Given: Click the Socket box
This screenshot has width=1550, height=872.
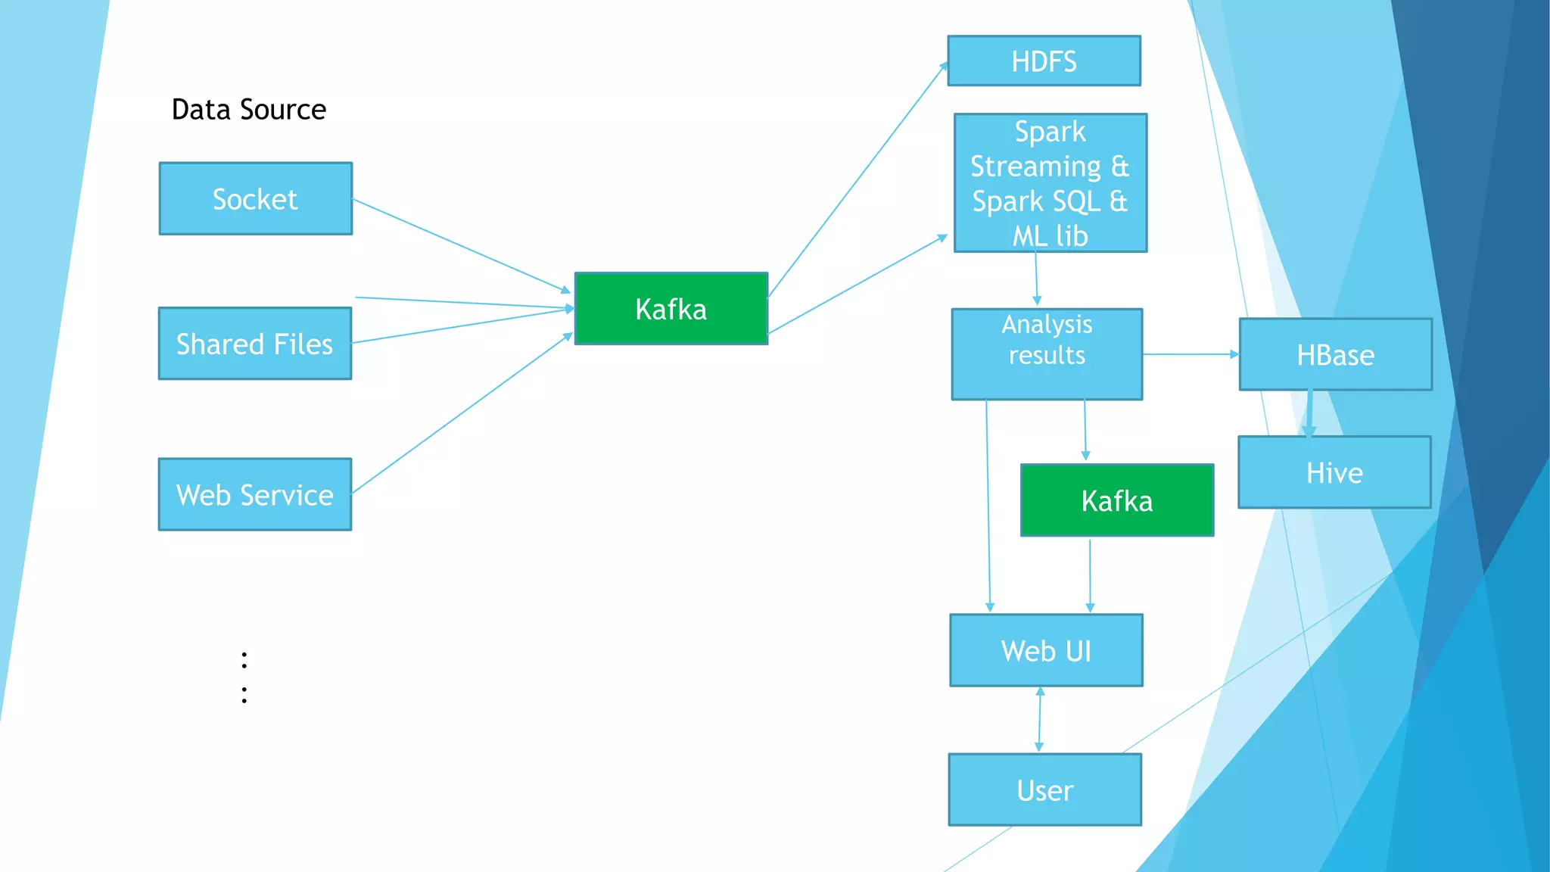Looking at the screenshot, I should pos(255,198).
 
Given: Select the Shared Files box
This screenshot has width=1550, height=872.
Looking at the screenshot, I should pos(254,343).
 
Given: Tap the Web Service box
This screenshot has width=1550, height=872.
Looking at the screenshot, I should pos(254,494).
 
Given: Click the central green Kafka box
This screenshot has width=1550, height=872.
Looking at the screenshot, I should pos(671,309).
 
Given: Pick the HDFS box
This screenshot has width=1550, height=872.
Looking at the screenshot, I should pos(1044,61).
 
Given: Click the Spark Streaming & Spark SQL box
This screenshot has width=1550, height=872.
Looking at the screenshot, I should pos(1050,183).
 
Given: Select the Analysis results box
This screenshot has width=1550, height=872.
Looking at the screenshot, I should pos(1047,353).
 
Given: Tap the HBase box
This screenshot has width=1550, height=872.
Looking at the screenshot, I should pos(1335,354).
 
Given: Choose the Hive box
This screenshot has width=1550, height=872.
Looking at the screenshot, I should pos(1334,472).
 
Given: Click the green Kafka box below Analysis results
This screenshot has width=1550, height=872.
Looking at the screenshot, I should pos(1116,500).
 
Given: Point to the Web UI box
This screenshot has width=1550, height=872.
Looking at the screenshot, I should pos(1046,650).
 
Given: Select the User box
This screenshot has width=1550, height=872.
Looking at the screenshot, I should pos(1044,789).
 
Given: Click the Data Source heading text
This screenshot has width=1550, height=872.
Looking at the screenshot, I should pos(249,110).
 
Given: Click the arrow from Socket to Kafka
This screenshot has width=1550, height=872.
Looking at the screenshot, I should pos(462,246).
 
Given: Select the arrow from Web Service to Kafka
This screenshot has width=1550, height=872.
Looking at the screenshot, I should pos(462,414).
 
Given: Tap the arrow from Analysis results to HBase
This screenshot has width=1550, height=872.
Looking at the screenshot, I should pos(1191,354).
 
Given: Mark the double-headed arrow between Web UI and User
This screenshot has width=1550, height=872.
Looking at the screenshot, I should pos(1039,719).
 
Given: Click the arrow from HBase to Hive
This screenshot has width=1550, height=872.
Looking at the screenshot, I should pos(1309,413).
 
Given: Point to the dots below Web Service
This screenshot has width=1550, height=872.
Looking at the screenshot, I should pos(244,677).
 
